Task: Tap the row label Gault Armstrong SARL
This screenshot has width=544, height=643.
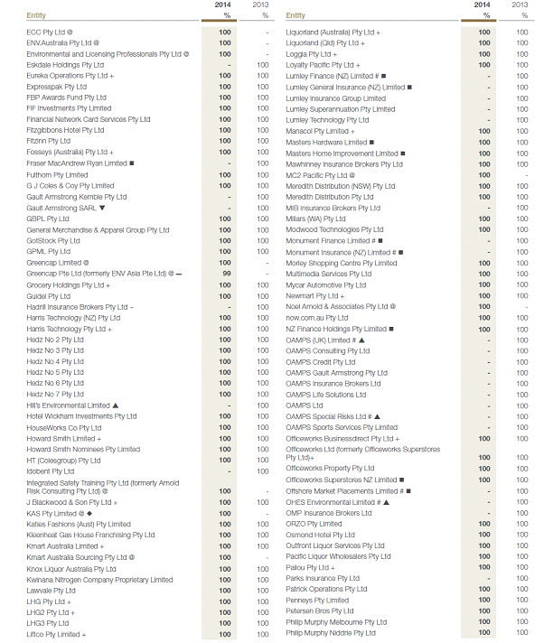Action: tap(61, 208)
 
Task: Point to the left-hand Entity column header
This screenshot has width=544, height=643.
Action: tap(37, 15)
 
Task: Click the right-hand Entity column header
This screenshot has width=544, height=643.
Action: tap(295, 15)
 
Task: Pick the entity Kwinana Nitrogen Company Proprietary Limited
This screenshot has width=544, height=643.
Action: tap(99, 580)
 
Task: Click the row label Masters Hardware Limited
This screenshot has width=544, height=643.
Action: tap(326, 142)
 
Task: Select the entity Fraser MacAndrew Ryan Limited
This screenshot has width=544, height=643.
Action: tap(77, 163)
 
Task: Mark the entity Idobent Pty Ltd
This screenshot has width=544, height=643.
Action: tap(51, 471)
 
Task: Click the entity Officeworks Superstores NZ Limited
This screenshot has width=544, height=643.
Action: tap(341, 480)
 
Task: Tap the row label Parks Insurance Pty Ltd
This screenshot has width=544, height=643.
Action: tap(323, 578)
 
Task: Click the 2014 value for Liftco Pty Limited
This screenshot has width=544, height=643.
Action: tap(225, 635)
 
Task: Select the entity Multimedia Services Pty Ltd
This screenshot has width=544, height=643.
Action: tap(328, 274)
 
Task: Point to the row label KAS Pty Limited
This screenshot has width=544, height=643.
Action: tap(56, 513)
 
